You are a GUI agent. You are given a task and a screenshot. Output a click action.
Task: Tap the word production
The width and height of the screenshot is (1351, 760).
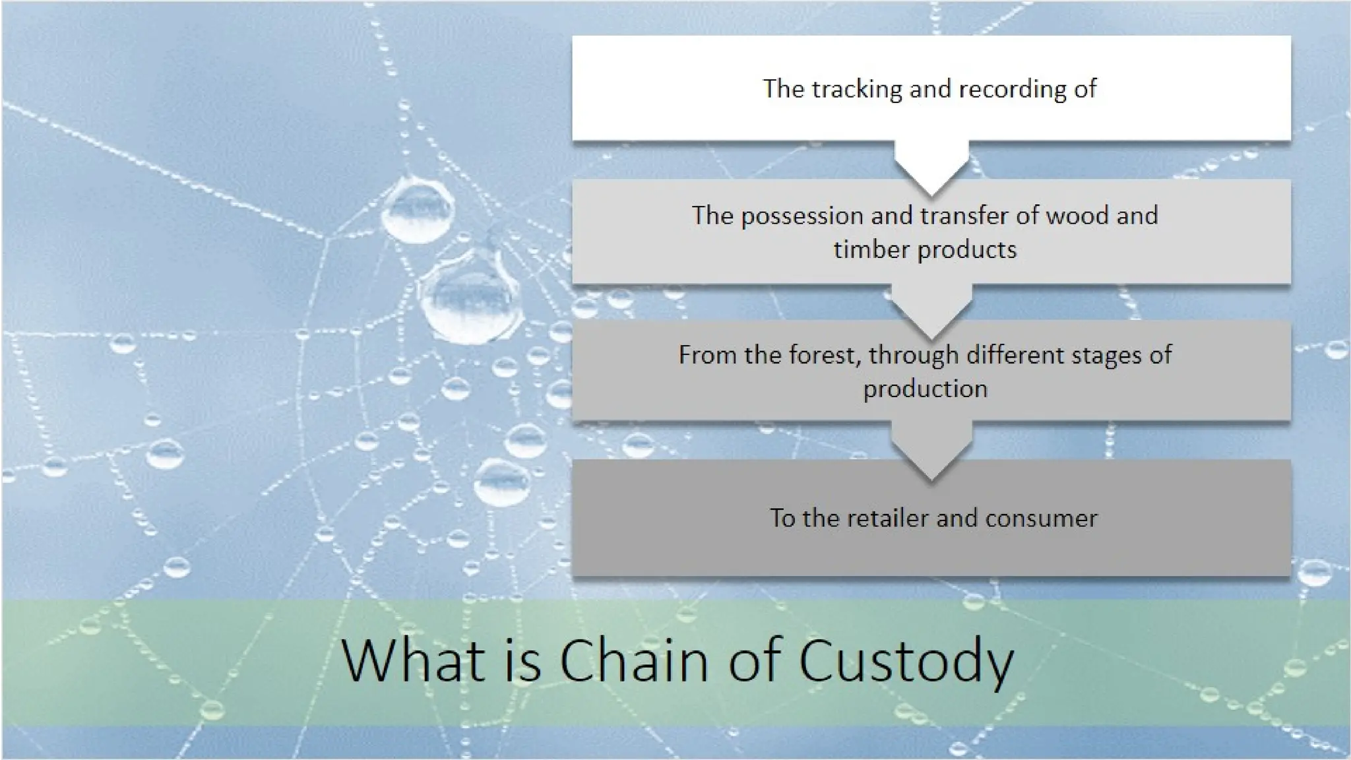point(925,389)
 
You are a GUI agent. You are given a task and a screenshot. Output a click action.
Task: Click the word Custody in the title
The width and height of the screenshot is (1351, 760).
point(906,662)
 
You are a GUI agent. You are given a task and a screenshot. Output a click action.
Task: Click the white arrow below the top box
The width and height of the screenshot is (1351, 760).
point(931,168)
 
